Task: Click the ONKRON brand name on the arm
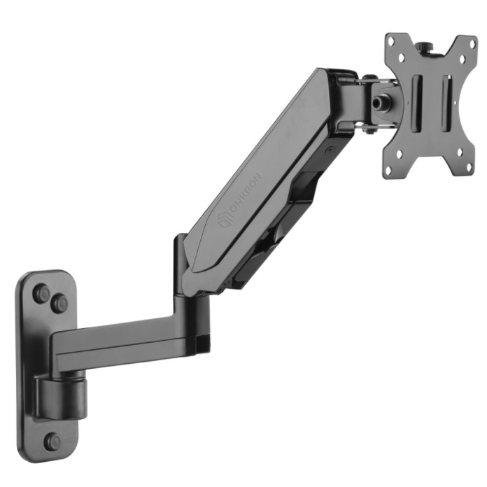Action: coord(247,193)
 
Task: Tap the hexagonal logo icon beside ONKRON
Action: coord(225,221)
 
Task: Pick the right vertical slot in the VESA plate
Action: coord(446,99)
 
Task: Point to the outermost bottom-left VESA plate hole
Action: coord(388,169)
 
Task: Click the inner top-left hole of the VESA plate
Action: coord(401,57)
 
